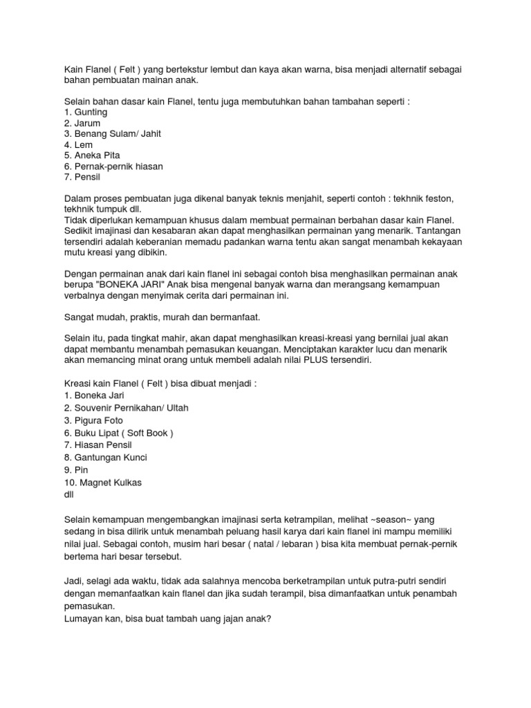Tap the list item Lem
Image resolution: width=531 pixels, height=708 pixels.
[x=78, y=146]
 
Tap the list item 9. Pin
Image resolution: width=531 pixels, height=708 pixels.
[x=75, y=469]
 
